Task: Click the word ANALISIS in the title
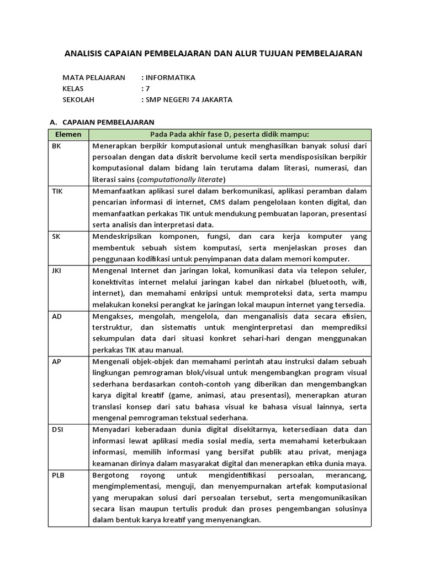(x=83, y=54)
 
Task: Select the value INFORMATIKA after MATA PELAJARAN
(x=170, y=78)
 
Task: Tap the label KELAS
(x=73, y=89)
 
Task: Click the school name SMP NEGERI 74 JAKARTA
(x=189, y=100)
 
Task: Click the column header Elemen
(x=68, y=134)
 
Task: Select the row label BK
(x=56, y=146)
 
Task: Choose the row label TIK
(x=57, y=191)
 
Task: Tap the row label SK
(x=56, y=236)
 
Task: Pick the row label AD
(x=57, y=316)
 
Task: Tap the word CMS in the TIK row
(x=227, y=202)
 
